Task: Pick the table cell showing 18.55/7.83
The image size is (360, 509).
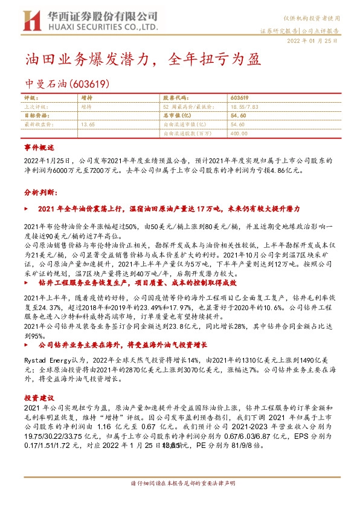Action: tap(245, 106)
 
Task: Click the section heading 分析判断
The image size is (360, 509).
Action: tap(40, 192)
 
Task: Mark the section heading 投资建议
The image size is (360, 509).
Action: tap(39, 398)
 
